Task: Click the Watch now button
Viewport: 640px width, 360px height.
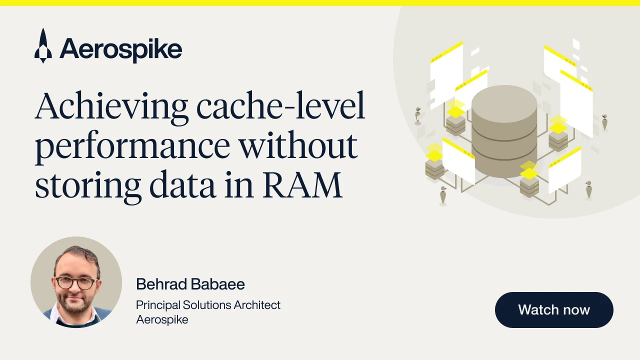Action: click(x=554, y=309)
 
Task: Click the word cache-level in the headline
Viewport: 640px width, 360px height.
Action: click(x=281, y=105)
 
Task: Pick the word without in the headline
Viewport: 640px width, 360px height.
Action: click(x=298, y=144)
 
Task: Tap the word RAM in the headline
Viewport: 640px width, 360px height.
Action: click(x=302, y=184)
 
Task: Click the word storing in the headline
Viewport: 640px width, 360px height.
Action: click(x=88, y=187)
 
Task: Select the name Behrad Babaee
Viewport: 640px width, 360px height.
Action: click(x=190, y=284)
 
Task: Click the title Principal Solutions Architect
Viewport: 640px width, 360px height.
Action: click(x=208, y=305)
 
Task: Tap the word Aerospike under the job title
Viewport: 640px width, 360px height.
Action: click(x=162, y=319)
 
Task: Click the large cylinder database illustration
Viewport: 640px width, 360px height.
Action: click(x=504, y=131)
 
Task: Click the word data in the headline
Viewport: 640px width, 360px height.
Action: click(x=182, y=184)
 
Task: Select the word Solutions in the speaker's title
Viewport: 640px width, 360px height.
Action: click(x=207, y=305)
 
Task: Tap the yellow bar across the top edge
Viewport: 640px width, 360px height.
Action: click(x=320, y=3)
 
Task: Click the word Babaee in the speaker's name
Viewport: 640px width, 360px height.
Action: click(x=217, y=284)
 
